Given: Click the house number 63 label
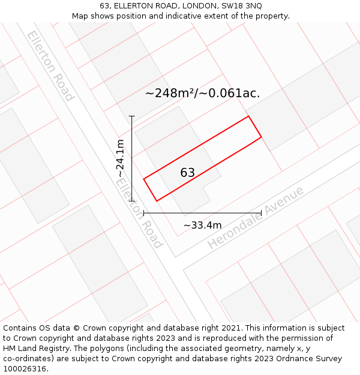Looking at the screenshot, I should coord(188,173).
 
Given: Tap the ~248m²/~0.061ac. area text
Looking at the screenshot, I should coord(202,93).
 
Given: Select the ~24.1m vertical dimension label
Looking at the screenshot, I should coord(121,158).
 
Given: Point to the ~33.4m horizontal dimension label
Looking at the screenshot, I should coord(202,225).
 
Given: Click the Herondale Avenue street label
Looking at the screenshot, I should coord(256,218).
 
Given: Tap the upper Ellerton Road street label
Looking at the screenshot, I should coord(50,66).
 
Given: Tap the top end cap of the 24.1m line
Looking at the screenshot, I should coord(131,116).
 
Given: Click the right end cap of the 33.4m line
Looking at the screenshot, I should coord(262,213).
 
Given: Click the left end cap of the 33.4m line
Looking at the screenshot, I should coord(144,213).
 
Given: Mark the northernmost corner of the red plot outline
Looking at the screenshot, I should coord(248,116).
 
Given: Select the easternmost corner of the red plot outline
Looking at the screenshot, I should coord(262,137).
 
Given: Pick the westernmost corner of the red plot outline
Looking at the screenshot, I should coord(144,179).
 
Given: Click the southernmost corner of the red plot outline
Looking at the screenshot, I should coord(157,201).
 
